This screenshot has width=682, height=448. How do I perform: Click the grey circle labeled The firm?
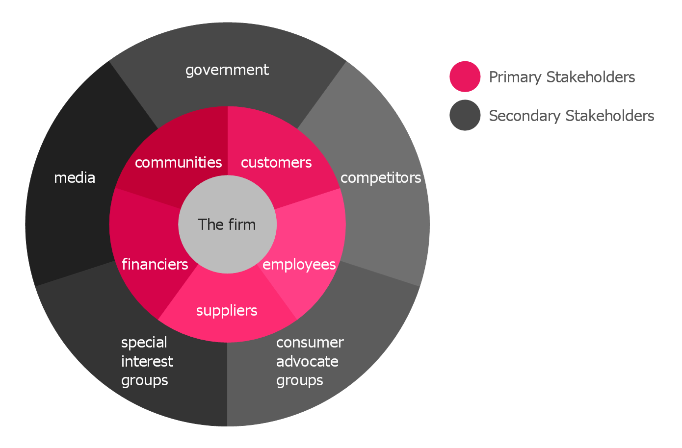[x=227, y=240]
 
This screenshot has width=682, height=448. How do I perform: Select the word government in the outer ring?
[x=227, y=70]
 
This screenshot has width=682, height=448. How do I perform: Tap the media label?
[x=75, y=177]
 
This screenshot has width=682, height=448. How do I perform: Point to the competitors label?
[x=381, y=177]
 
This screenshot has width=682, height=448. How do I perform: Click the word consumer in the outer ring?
[x=310, y=342]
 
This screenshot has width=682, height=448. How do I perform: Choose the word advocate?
[x=307, y=361]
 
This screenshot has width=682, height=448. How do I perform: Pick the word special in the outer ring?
[x=144, y=342]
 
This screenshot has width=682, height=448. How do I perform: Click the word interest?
[x=147, y=361]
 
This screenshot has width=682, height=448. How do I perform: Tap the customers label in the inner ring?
[x=276, y=162]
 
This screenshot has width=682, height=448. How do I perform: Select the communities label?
[x=178, y=162]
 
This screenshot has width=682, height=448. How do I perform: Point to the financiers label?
[x=155, y=264]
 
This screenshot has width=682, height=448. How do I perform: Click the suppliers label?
[x=227, y=310]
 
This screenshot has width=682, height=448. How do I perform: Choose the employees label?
[x=299, y=264]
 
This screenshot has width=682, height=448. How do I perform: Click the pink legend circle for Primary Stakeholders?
[x=465, y=76]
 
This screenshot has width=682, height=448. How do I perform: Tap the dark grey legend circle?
[x=465, y=116]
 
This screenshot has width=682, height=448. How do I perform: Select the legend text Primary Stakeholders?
[x=562, y=77]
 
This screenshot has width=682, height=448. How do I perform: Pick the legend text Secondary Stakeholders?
[x=572, y=116]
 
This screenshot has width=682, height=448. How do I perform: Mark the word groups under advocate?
[x=300, y=380]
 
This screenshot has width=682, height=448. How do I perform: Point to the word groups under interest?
[x=145, y=380]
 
